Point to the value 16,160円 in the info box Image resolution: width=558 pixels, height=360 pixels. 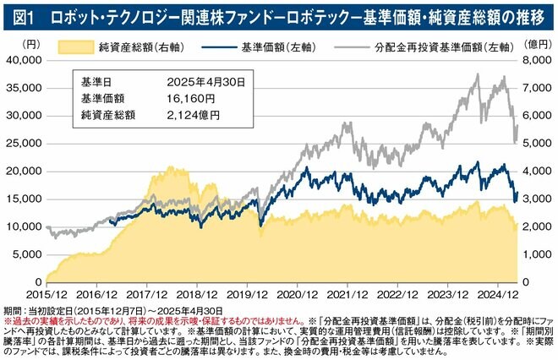tap(190, 98)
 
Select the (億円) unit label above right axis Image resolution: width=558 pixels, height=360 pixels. tap(536, 41)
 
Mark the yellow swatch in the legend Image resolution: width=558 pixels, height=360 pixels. tap(76, 44)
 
